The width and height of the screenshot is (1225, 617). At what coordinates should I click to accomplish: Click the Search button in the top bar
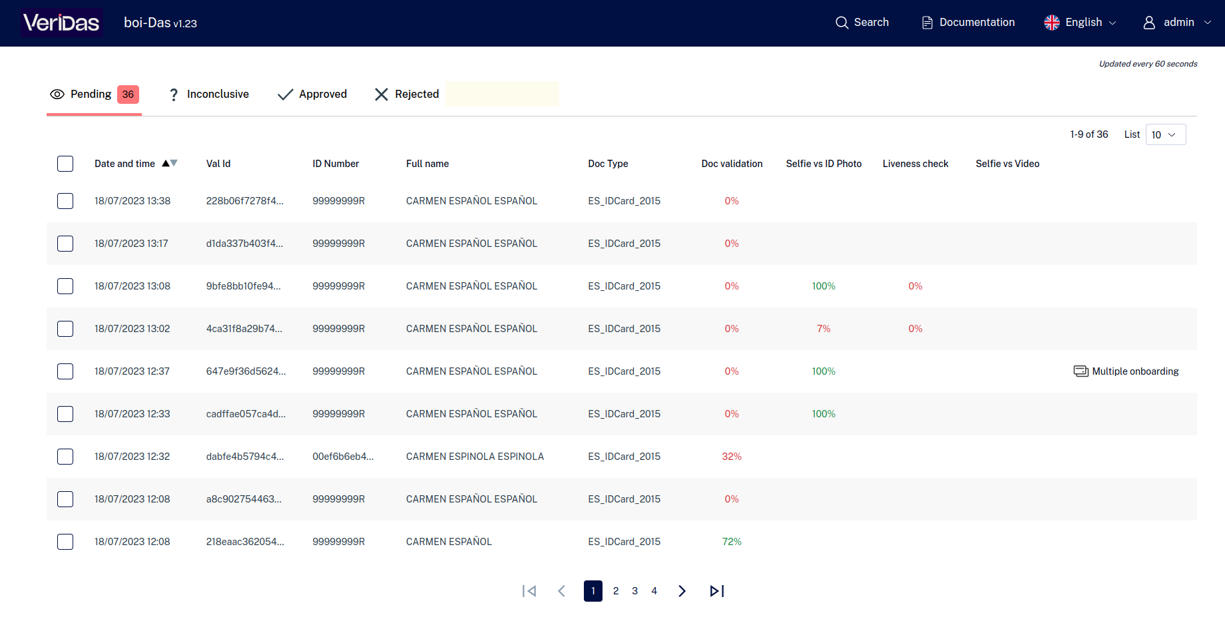[x=862, y=23]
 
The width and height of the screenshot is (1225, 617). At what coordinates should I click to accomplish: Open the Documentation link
[x=969, y=23]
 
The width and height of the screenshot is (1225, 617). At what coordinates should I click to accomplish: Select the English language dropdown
[x=1081, y=23]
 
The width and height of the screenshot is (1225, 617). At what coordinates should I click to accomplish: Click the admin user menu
[x=1177, y=23]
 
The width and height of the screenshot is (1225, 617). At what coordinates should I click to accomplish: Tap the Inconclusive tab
[x=209, y=95]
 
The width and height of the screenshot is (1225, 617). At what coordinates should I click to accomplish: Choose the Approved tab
[x=312, y=95]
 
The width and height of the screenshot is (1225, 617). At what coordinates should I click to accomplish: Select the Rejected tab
[x=407, y=95]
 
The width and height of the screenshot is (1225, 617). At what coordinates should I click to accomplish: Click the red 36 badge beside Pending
[x=128, y=95]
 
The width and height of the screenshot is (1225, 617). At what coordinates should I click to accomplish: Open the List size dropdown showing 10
[x=1166, y=134]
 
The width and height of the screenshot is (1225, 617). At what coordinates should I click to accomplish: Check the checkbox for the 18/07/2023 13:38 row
[x=65, y=201]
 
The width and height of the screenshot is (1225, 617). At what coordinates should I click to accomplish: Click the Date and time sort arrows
[x=170, y=163]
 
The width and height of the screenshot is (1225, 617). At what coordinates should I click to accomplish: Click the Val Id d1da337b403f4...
[x=244, y=244]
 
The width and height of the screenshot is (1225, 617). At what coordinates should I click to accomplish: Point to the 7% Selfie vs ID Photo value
[x=824, y=329]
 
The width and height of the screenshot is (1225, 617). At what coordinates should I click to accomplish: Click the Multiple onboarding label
[x=1135, y=371]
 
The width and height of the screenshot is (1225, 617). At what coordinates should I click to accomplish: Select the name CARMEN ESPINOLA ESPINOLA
[x=475, y=457]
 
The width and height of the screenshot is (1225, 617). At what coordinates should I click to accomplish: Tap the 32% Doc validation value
[x=732, y=457]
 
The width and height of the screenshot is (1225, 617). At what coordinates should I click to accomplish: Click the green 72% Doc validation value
[x=732, y=542]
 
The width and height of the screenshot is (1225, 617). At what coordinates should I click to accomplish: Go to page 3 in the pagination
[x=635, y=591]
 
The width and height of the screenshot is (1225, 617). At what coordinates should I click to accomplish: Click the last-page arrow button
[x=717, y=591]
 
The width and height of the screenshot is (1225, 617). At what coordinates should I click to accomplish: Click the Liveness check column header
[x=915, y=164]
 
